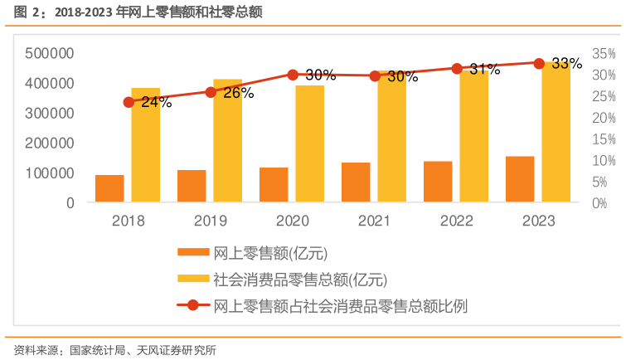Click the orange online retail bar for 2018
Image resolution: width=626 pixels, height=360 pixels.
109,188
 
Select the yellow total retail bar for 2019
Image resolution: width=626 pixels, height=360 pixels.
227,140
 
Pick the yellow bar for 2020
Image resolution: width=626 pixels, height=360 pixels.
310,144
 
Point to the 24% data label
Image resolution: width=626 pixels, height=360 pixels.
156,103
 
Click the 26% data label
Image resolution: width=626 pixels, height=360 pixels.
238,93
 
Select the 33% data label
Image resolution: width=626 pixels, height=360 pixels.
566,64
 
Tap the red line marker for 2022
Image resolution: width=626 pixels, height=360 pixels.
457,69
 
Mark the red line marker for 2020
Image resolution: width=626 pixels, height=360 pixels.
293,75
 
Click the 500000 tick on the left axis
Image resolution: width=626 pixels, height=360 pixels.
50,54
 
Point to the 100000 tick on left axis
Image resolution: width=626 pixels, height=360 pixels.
50,173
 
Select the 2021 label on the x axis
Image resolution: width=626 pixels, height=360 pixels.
375,221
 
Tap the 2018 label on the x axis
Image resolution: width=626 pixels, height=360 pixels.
128,221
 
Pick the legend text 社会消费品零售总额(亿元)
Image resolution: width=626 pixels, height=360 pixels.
300,280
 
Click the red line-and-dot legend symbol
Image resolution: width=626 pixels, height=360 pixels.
192,305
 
